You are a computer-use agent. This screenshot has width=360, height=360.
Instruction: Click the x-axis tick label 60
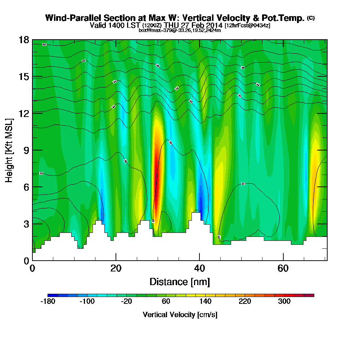(283, 268)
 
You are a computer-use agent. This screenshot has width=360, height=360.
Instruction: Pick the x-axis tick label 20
(116, 268)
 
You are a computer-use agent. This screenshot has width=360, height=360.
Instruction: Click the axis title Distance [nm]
(180, 282)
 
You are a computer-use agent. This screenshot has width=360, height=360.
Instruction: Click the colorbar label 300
(284, 302)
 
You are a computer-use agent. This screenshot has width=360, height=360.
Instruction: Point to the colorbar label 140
(205, 302)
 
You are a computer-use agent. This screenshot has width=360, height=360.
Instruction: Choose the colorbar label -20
(126, 302)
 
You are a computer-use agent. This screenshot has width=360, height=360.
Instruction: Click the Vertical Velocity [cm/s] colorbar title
(180, 315)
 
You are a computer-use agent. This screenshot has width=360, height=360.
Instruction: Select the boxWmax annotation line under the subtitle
(180, 30)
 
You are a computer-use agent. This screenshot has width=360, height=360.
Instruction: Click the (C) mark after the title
(311, 18)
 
